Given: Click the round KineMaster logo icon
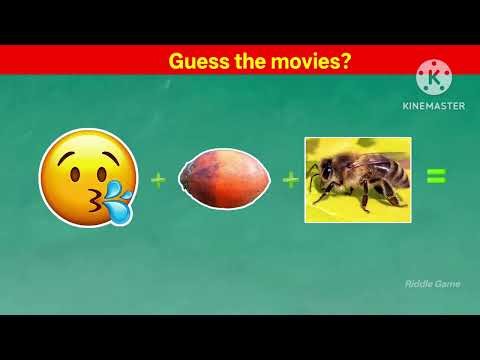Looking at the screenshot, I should click(433, 78).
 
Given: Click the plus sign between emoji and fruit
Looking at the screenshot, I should click(157, 180).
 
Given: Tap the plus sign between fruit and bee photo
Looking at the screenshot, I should click(290, 180).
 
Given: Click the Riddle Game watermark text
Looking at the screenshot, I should click(433, 284).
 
